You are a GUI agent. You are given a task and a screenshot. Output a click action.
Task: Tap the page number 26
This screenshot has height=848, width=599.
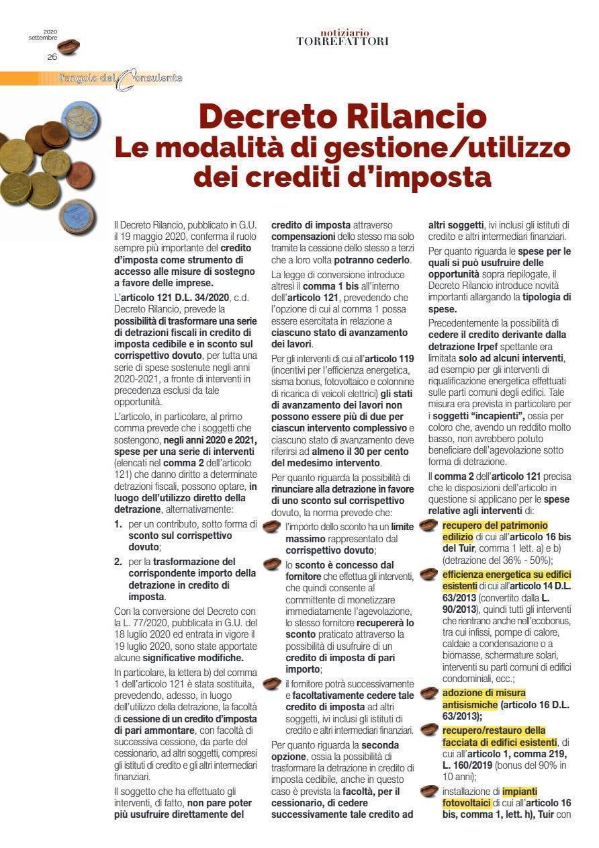(x=52, y=57)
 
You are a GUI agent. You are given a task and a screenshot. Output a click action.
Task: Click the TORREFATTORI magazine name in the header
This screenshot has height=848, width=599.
(x=342, y=42)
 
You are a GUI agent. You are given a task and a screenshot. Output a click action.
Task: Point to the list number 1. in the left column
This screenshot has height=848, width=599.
(x=118, y=523)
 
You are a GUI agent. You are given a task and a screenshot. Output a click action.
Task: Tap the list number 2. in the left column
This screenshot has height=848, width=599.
(x=118, y=561)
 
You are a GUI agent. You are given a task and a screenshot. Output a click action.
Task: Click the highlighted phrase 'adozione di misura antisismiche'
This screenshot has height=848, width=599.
(x=483, y=698)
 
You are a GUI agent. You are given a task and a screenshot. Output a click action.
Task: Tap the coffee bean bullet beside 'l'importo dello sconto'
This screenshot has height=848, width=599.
(x=271, y=527)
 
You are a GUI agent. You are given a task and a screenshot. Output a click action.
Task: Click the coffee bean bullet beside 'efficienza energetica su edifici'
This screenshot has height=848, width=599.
(x=428, y=575)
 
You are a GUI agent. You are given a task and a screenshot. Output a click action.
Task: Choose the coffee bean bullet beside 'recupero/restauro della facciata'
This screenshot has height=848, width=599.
(x=428, y=729)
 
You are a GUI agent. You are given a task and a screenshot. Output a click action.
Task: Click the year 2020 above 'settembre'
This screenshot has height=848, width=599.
(x=50, y=31)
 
